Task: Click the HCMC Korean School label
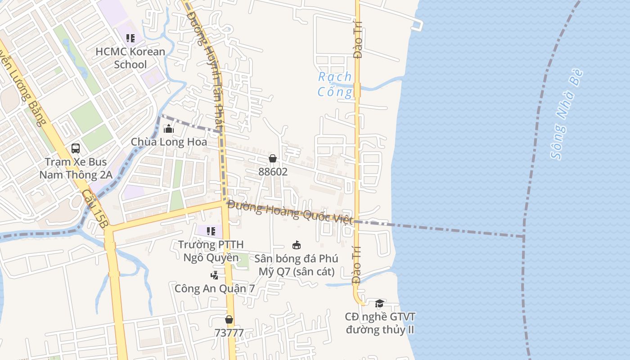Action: (x=130, y=58)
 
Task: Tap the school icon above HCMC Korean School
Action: (x=130, y=38)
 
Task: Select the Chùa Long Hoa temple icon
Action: (x=169, y=129)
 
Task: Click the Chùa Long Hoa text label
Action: (x=169, y=142)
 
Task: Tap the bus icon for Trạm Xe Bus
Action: (x=76, y=148)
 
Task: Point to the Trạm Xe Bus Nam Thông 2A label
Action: (x=76, y=168)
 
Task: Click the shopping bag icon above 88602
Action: (x=272, y=158)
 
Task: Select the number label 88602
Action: (x=273, y=171)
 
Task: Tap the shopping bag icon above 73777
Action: (x=229, y=319)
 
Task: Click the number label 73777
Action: (x=229, y=333)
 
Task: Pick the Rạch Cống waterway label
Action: (x=335, y=84)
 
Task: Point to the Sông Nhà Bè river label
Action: (x=567, y=115)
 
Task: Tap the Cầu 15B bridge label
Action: (x=95, y=211)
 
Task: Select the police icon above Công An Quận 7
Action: (x=215, y=275)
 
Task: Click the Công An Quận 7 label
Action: (x=215, y=288)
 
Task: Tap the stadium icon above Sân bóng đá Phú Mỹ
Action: (x=297, y=245)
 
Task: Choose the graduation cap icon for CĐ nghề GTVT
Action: (x=379, y=303)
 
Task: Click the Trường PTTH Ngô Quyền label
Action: (x=211, y=251)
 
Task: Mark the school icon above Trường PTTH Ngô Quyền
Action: (x=211, y=231)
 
